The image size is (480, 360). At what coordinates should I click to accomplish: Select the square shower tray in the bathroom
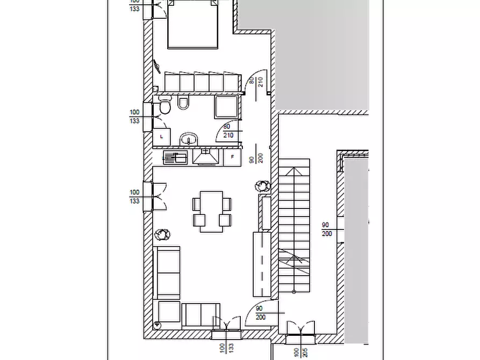coord(226,107)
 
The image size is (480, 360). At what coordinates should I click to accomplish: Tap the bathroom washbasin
coord(189,139)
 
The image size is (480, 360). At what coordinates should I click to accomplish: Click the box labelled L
coord(162,136)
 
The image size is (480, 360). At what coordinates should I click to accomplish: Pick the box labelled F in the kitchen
coord(232,157)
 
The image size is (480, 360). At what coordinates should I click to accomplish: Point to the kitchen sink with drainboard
coord(175,157)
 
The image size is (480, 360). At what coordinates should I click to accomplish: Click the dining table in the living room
coord(212,212)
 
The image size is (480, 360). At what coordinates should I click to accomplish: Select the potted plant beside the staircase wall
coord(262,185)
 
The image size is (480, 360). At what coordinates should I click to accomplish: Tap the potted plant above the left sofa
coord(162,235)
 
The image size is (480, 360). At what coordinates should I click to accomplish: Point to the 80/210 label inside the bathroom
coord(228,131)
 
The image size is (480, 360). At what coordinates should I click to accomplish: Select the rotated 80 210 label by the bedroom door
coord(256,82)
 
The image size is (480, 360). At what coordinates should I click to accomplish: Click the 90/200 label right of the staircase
coord(327,229)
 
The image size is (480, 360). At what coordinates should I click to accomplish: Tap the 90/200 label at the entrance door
coord(260,313)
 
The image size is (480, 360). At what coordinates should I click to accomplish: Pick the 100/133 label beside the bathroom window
coord(134,117)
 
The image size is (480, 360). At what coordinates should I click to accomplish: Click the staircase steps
coord(294,225)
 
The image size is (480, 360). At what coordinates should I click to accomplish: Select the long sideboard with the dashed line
coord(262,264)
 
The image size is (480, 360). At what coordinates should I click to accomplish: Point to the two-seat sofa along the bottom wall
coord(201,316)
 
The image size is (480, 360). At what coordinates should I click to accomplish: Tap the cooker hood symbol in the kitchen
coord(206,157)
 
